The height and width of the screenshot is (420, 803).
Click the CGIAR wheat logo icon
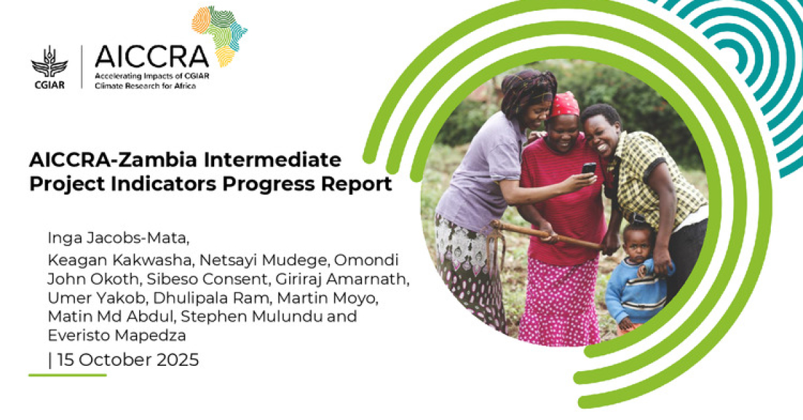(49, 62)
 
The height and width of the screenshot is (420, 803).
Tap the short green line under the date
(67, 375)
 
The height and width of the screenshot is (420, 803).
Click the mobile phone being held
(589, 169)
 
